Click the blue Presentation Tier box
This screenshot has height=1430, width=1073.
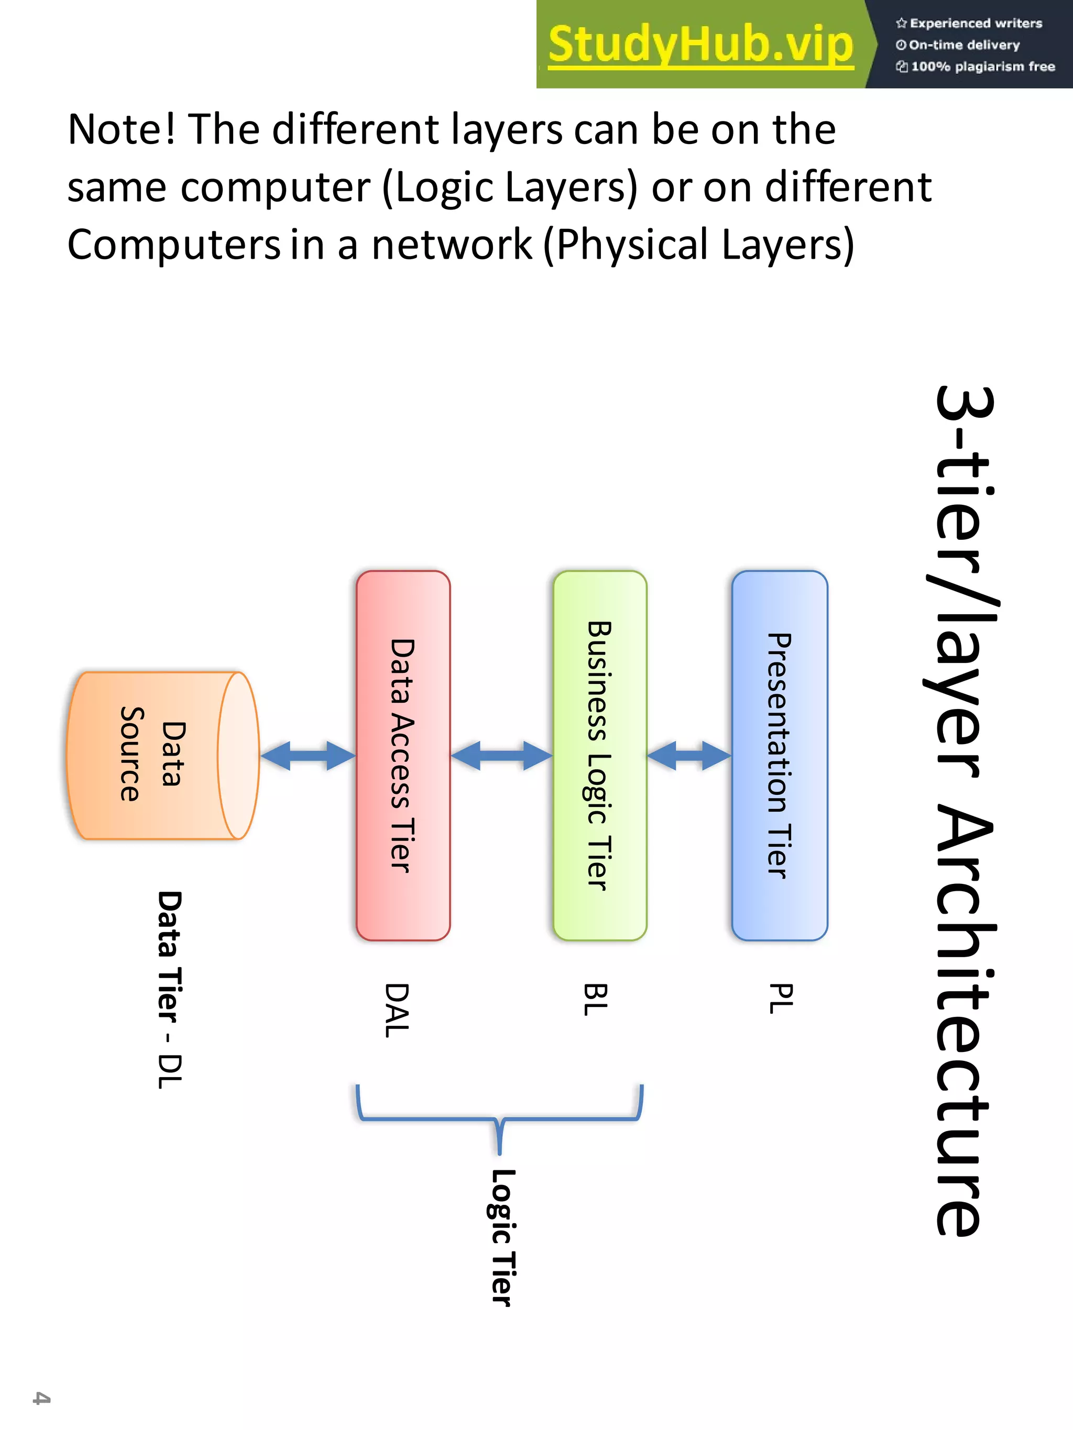[780, 755]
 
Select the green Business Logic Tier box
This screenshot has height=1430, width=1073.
[599, 755]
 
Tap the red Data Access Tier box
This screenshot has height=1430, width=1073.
[402, 755]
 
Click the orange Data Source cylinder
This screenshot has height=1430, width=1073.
[162, 755]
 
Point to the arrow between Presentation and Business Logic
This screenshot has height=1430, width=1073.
[689, 756]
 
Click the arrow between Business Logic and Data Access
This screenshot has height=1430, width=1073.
[501, 756]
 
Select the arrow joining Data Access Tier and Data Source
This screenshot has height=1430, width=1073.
[308, 756]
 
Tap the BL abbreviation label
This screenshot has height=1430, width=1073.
[596, 999]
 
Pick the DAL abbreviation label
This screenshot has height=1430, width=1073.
[397, 1010]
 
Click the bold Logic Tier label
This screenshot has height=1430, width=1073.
[502, 1237]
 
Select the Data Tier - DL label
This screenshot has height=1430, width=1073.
[170, 989]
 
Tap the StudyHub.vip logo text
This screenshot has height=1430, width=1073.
[700, 44]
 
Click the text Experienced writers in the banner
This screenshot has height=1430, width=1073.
[976, 23]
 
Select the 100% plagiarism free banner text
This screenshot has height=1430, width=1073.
[982, 66]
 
